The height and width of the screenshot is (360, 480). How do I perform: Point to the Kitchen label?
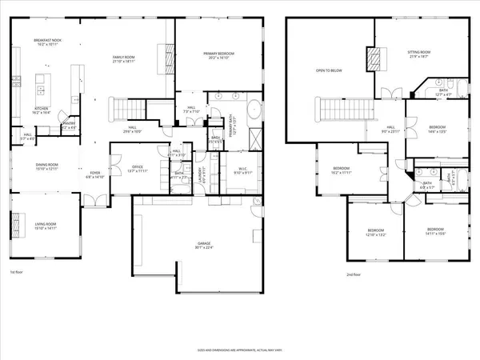tap(42, 111)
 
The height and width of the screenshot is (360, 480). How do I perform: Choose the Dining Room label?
tap(46, 166)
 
